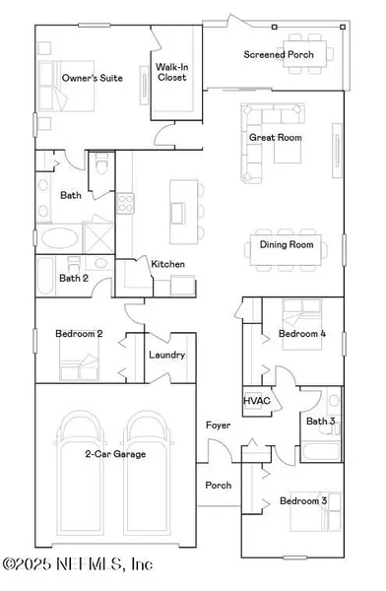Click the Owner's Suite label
pos(92,78)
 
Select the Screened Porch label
pos(279,54)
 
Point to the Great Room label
pos(275,138)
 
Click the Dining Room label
pos(286,244)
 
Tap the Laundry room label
pos(166,355)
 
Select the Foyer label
pos(218,426)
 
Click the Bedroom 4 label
pos(302,334)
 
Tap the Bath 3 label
pos(320,423)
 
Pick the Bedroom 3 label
pos(302,501)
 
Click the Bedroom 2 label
pos(80,334)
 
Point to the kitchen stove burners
pos(126,204)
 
